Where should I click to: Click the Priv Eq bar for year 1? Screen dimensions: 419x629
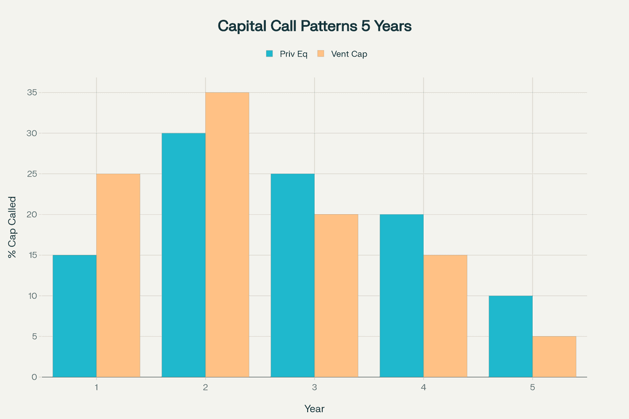point(74,316)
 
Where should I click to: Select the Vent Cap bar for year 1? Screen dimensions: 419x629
point(118,275)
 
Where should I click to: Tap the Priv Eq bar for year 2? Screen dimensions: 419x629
point(183,255)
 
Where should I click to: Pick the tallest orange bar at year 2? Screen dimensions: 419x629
point(227,235)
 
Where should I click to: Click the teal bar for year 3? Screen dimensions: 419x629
point(292,275)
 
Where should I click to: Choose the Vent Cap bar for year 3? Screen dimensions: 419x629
point(336,295)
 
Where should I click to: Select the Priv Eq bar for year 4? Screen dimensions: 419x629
point(402,295)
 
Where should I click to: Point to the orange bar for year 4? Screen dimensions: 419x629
point(445,316)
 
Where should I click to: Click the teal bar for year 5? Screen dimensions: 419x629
point(511,336)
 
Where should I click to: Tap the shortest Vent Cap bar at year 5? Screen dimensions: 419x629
point(554,357)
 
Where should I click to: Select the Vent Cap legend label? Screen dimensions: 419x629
point(349,54)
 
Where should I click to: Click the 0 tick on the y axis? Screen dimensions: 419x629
point(34,377)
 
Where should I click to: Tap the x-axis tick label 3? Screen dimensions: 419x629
point(314,388)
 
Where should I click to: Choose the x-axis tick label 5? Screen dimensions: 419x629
point(533,388)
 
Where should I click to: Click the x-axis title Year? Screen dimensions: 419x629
point(314,409)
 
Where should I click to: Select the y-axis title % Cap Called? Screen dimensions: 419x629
point(12,227)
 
